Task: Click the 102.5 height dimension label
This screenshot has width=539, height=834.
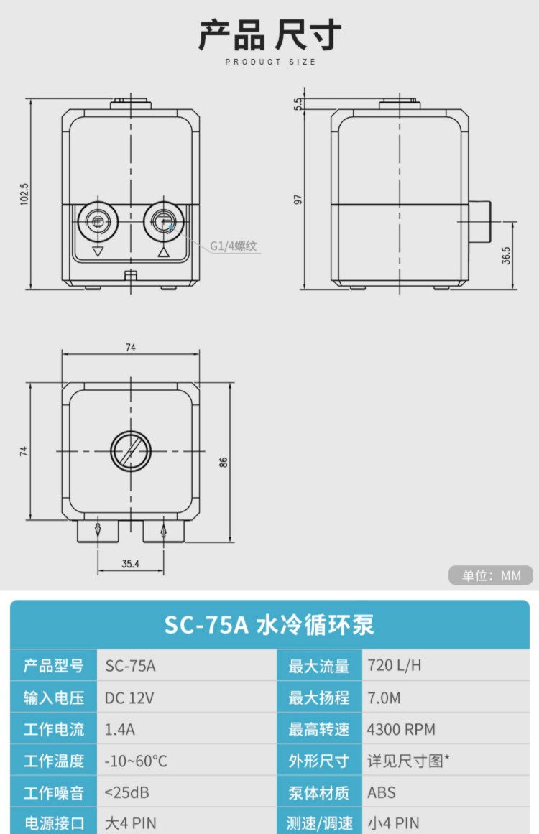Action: (x=24, y=194)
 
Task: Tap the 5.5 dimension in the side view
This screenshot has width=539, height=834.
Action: (x=298, y=103)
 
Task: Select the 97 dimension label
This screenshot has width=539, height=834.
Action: (x=298, y=200)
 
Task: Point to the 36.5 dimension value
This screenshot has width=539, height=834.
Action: (x=506, y=256)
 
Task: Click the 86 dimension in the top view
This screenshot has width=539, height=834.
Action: (x=224, y=462)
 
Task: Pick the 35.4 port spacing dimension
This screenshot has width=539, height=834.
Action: (x=130, y=564)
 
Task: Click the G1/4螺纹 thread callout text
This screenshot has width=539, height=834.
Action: (x=233, y=246)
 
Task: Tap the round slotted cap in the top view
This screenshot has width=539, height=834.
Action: (x=130, y=451)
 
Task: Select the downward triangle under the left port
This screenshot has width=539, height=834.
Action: (x=97, y=251)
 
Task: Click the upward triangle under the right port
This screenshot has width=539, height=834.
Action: (x=164, y=251)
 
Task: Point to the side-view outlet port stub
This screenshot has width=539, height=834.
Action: (x=479, y=222)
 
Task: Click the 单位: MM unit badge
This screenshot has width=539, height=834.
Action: (x=491, y=575)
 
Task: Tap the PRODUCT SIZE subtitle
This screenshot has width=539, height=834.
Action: (x=270, y=62)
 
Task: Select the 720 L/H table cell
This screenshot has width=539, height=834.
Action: (x=395, y=665)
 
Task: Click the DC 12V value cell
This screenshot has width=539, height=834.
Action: (x=129, y=698)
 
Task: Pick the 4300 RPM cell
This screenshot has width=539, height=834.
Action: (x=401, y=729)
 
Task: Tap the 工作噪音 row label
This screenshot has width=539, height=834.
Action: (x=54, y=793)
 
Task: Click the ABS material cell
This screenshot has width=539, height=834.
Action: (x=382, y=793)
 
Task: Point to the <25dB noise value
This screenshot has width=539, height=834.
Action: (x=126, y=793)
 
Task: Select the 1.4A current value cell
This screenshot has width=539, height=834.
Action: (x=120, y=729)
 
